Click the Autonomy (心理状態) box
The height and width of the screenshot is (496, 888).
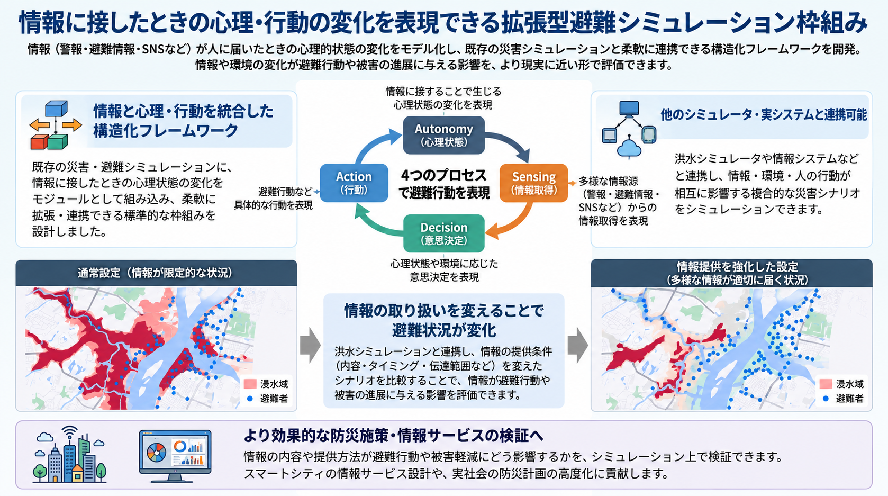(443, 135)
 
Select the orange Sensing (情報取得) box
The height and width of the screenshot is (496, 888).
(533, 183)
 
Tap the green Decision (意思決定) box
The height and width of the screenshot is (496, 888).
(443, 233)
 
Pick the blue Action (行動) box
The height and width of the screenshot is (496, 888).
(354, 183)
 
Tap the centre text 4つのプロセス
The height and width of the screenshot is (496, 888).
(443, 175)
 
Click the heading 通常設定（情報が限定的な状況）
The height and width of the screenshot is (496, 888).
(156, 273)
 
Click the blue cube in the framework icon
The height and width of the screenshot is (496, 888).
(56, 109)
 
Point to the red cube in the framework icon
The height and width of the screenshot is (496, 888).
(39, 141)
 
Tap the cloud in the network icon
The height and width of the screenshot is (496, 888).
(630, 148)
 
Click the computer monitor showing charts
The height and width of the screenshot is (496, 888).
(175, 456)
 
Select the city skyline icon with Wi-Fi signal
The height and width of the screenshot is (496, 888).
(70, 454)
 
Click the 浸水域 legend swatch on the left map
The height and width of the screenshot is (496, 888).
(250, 384)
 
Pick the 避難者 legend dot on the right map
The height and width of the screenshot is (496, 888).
(826, 399)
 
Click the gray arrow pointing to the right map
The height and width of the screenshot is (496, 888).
(577, 345)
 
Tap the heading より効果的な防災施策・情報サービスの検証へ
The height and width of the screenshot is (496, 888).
(393, 436)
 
